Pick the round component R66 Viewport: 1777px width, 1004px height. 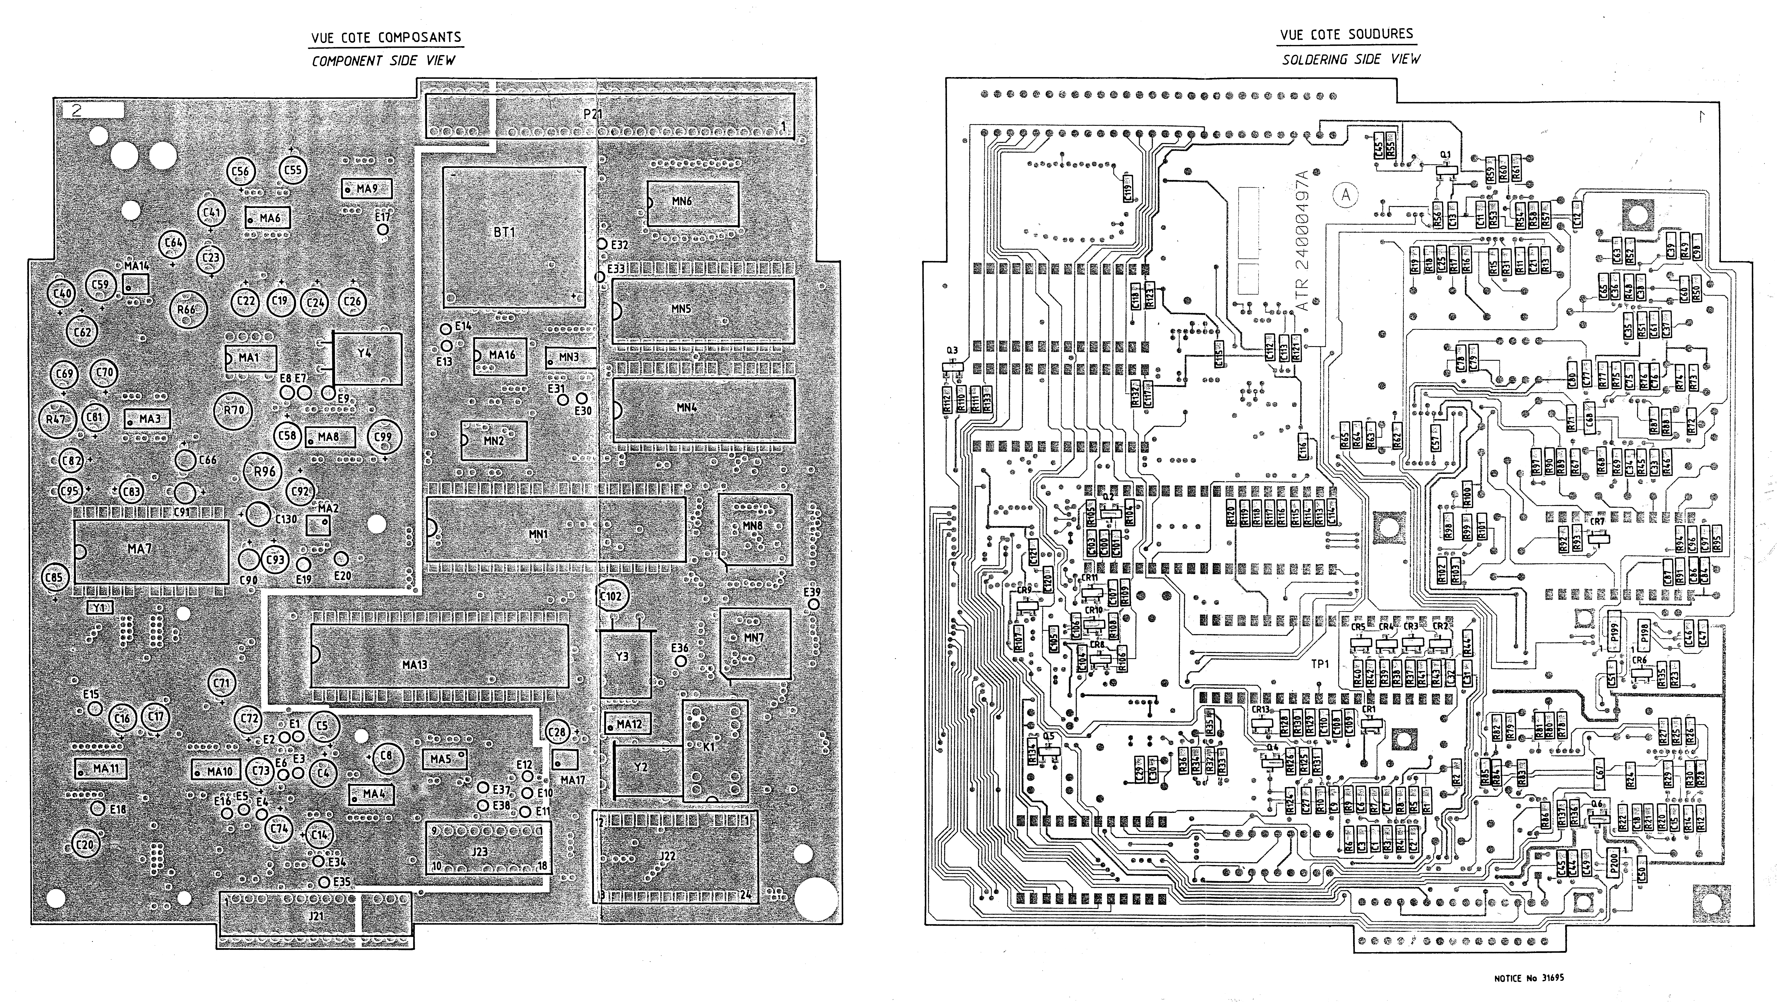click(x=186, y=310)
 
